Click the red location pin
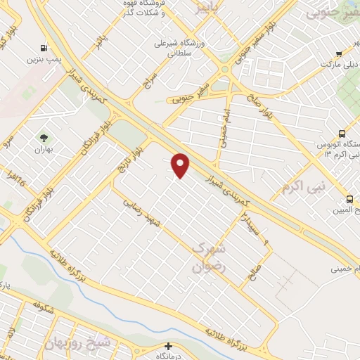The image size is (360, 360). pos(181,165)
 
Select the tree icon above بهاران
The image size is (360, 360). pos(44,138)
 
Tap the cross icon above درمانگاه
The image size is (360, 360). pos(167,346)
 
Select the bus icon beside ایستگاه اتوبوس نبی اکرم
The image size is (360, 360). pos(342,134)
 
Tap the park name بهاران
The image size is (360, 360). pos(44,150)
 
